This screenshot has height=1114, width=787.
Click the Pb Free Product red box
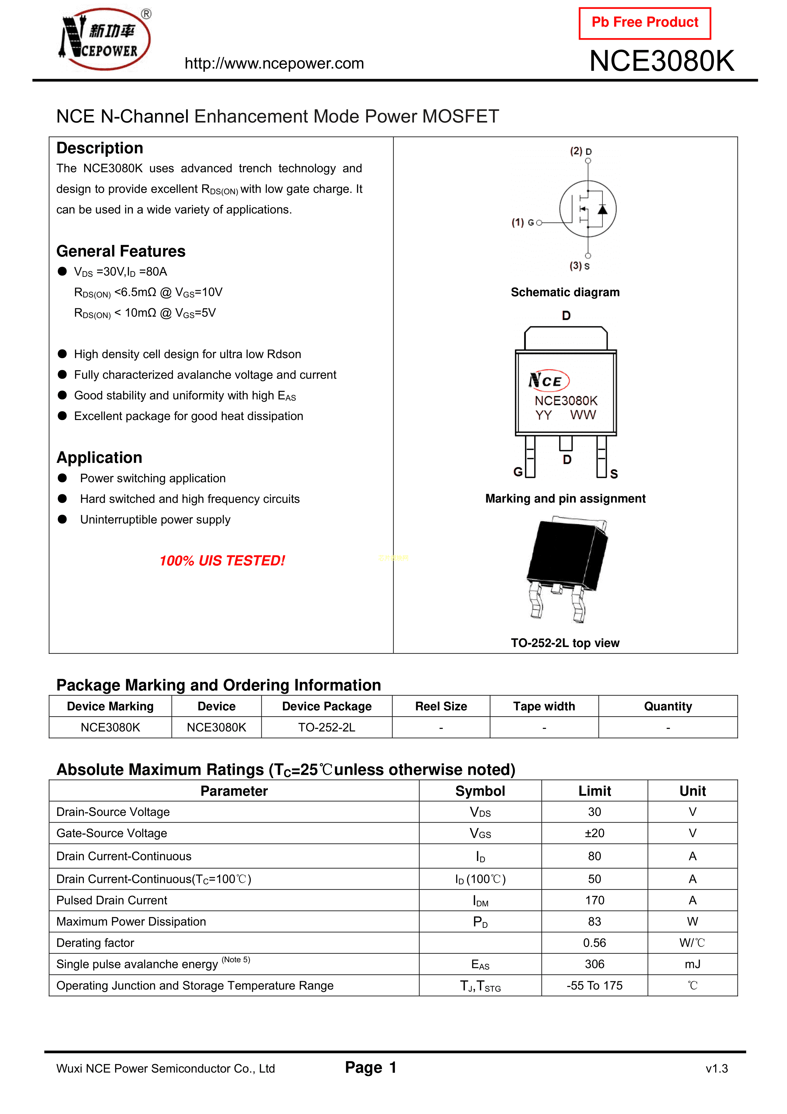click(645, 23)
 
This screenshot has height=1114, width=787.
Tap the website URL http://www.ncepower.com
click(274, 63)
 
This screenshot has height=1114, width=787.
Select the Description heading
click(100, 148)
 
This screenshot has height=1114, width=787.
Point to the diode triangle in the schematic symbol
click(602, 210)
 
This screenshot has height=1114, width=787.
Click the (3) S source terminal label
click(580, 266)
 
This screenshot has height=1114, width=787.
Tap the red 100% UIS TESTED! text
click(222, 561)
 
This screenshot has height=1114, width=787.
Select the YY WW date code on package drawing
click(565, 415)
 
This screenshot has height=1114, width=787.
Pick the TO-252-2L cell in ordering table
click(326, 727)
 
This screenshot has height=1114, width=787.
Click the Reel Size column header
click(441, 706)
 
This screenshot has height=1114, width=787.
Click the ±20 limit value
click(594, 833)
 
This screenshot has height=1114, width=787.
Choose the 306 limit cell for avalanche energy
click(594, 964)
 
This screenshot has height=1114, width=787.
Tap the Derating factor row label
click(95, 943)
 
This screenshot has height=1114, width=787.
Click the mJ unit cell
click(692, 964)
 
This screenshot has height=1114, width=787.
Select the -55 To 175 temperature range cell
click(594, 985)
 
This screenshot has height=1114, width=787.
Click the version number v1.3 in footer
click(717, 1068)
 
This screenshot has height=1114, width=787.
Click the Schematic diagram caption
click(565, 292)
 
